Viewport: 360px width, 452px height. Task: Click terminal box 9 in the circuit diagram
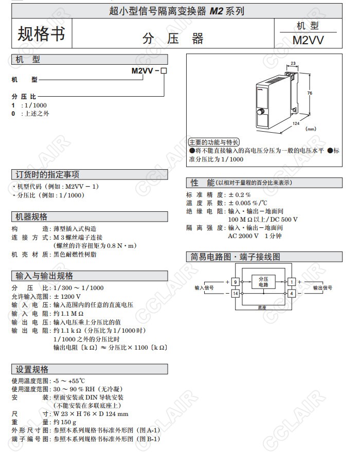[235, 282]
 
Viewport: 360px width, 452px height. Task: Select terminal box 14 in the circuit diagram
[235, 293]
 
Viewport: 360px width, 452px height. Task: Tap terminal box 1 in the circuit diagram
[291, 282]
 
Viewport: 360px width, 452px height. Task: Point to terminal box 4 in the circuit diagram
[291, 293]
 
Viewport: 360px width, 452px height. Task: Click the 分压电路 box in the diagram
[263, 281]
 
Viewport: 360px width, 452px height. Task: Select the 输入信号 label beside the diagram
[204, 287]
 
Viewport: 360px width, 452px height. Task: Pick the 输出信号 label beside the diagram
[322, 287]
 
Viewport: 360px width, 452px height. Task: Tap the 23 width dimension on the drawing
[293, 64]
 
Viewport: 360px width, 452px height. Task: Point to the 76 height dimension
[310, 93]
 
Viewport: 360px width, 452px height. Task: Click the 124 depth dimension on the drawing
[296, 123]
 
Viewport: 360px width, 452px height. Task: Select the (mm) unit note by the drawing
[311, 129]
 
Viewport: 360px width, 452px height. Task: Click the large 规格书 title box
[42, 33]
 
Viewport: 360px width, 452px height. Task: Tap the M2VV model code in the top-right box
[308, 40]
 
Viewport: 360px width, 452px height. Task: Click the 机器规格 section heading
[32, 216]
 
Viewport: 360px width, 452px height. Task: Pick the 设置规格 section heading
[32, 369]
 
